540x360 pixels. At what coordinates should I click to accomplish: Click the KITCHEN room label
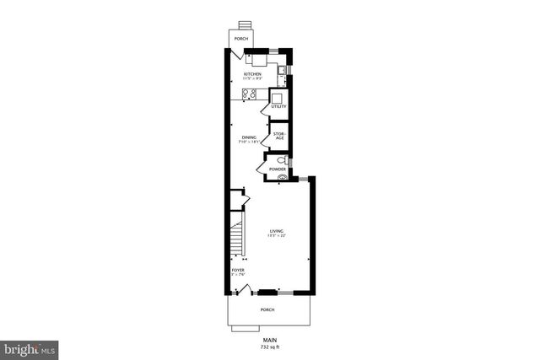pyautogui.click(x=252, y=74)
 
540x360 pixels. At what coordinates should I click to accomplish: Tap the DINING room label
pyautogui.click(x=249, y=137)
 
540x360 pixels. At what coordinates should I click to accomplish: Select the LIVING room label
pyautogui.click(x=277, y=231)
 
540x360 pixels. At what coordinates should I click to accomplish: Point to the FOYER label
pyautogui.click(x=237, y=270)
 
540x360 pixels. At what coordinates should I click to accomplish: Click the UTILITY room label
pyautogui.click(x=278, y=106)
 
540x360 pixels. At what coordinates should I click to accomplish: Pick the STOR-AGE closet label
pyautogui.click(x=279, y=136)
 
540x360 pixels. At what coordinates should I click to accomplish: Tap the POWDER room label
pyautogui.click(x=278, y=169)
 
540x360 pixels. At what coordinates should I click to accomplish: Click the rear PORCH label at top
pyautogui.click(x=241, y=40)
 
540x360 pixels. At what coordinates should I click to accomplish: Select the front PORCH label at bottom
pyautogui.click(x=267, y=309)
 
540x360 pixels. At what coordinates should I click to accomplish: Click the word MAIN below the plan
pyautogui.click(x=269, y=340)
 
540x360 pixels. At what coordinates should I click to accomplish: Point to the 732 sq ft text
pyautogui.click(x=269, y=347)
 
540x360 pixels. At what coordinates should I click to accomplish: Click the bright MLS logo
pyautogui.click(x=30, y=347)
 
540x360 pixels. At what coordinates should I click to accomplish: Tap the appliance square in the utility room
pyautogui.click(x=278, y=96)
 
